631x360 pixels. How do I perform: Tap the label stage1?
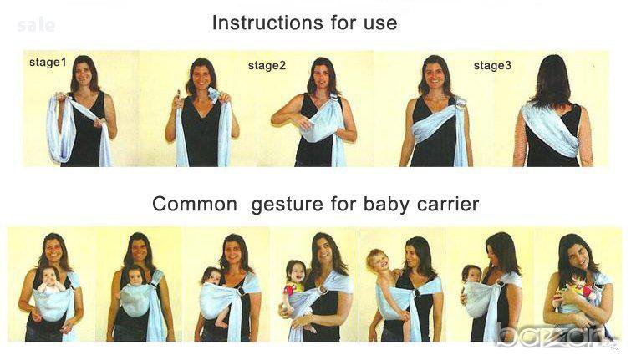pyautogui.click(x=48, y=63)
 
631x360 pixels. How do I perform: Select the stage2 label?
pyautogui.click(x=267, y=65)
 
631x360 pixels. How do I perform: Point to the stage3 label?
pyautogui.click(x=492, y=65)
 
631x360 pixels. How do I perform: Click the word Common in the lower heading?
pyautogui.click(x=195, y=204)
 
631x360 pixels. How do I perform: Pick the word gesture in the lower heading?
pyautogui.click(x=288, y=205)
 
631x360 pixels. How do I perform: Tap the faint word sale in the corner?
pyautogui.click(x=36, y=26)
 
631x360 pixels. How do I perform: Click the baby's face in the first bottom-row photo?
pyautogui.click(x=51, y=275)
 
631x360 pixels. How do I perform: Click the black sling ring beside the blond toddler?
pyautogui.click(x=415, y=292)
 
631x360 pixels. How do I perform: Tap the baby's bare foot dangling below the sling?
pyautogui.click(x=221, y=322)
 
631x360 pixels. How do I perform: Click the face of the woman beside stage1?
pyautogui.click(x=84, y=73)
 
